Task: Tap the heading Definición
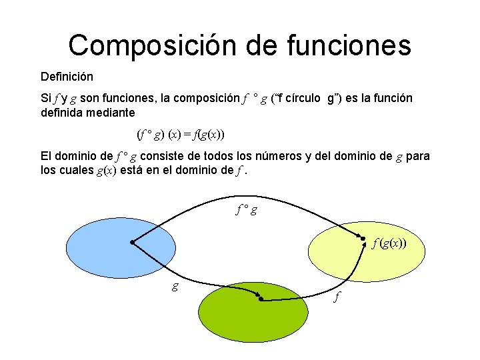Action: coord(67,77)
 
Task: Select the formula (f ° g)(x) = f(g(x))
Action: coord(181,134)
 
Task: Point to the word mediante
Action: coord(108,113)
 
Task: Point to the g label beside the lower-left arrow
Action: coord(175,286)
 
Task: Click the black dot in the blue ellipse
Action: coord(133,243)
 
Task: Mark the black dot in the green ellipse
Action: coord(261,300)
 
